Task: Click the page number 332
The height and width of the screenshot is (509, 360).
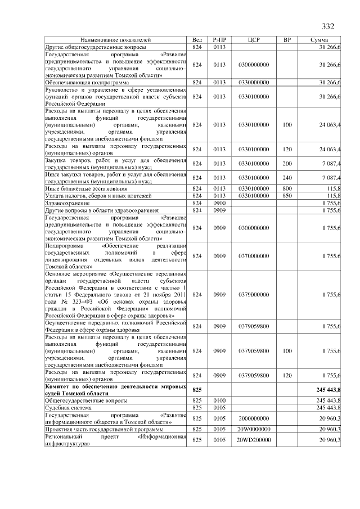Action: (328, 27)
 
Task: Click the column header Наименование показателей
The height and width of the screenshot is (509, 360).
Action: (115, 40)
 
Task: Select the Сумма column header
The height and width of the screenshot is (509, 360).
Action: (323, 40)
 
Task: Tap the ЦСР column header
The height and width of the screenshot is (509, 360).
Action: (253, 40)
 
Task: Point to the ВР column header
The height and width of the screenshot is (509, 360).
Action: (287, 40)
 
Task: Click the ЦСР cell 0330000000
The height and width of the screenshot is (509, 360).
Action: (253, 82)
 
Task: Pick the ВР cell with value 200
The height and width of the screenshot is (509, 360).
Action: (287, 163)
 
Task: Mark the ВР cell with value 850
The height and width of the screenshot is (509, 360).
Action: (287, 196)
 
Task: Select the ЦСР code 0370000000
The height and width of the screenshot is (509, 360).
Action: (253, 256)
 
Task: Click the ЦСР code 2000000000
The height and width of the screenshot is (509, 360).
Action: (253, 418)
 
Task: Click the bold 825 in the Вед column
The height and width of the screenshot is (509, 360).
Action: (197, 389)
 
